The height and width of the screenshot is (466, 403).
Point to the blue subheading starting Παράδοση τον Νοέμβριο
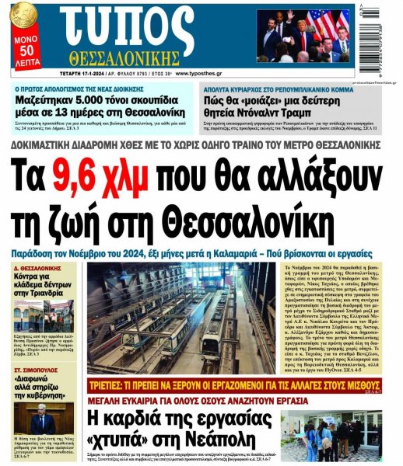tap(201, 254)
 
